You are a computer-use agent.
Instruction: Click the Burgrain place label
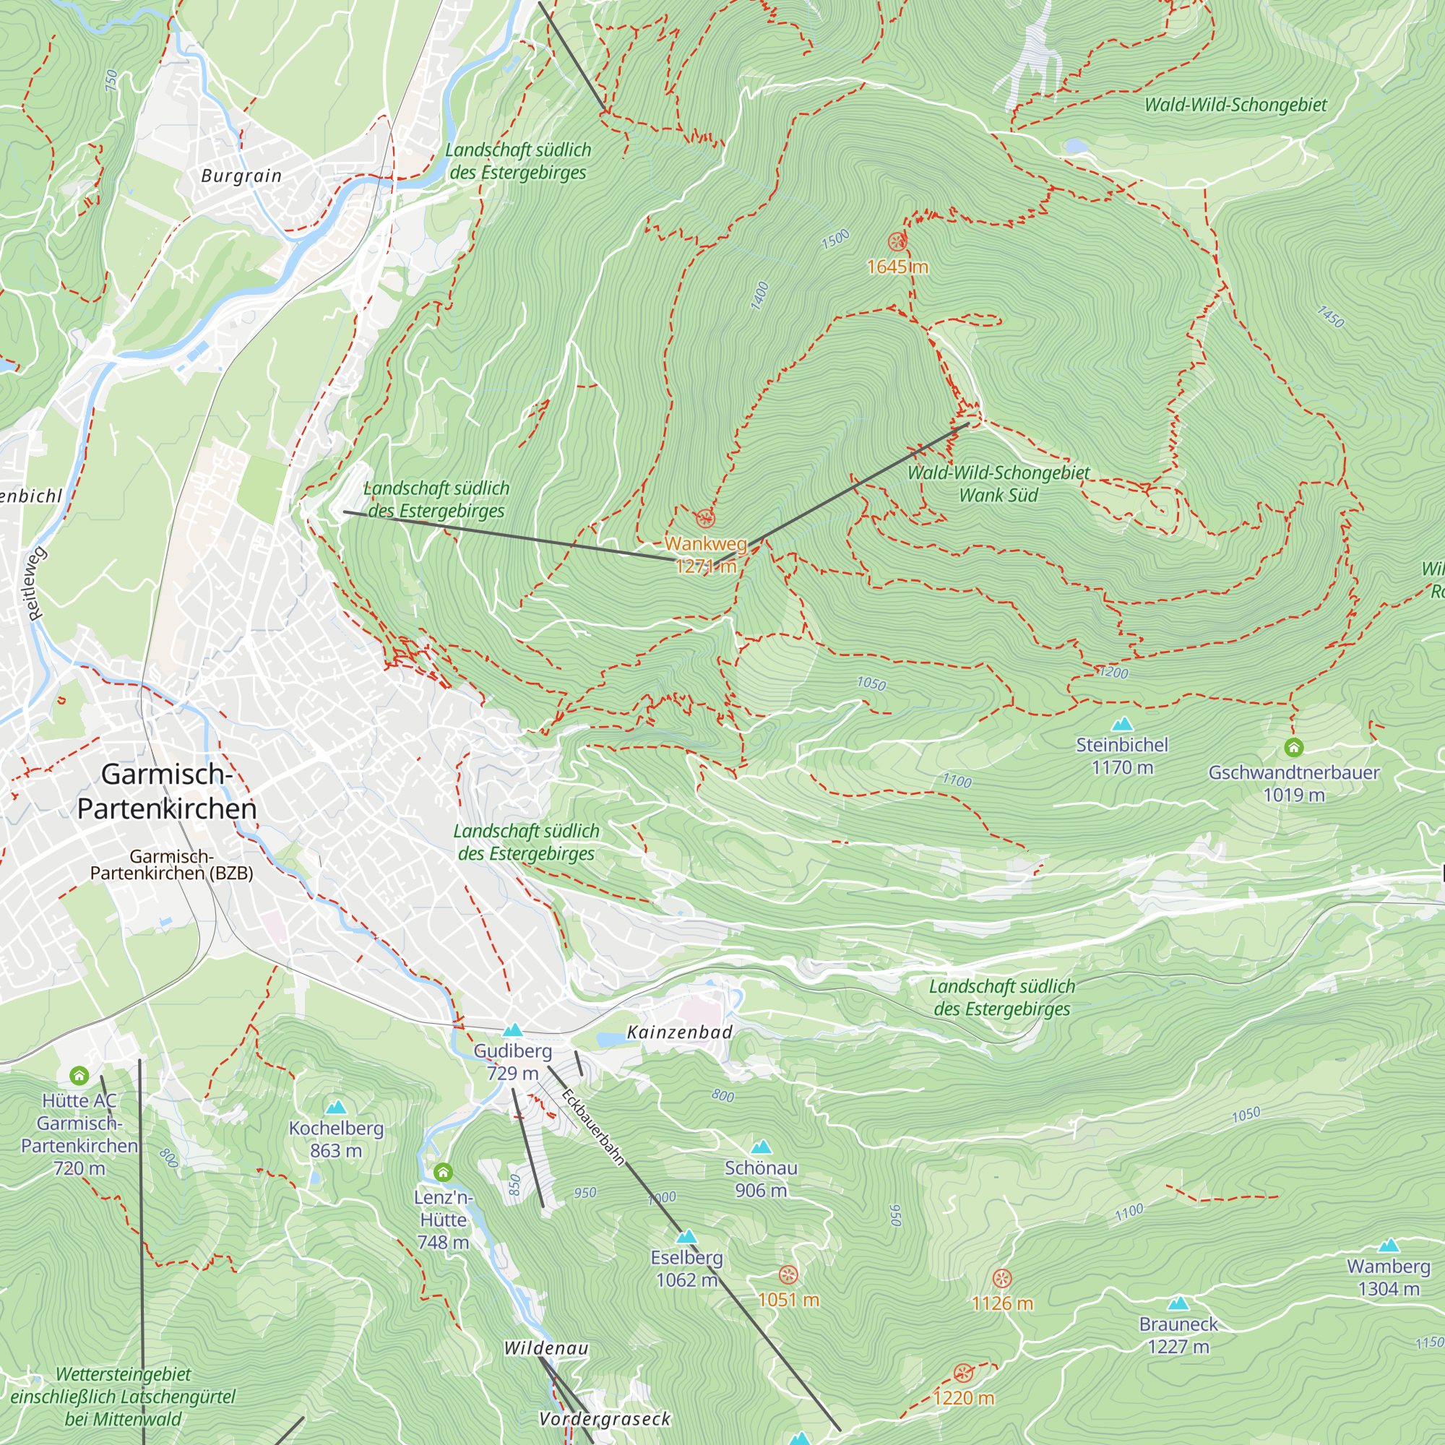pyautogui.click(x=241, y=176)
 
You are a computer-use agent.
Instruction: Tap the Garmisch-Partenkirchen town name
pyautogui.click(x=167, y=791)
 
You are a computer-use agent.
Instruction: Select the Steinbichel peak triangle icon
pyautogui.click(x=1122, y=724)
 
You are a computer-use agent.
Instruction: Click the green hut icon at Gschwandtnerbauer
pyautogui.click(x=1294, y=747)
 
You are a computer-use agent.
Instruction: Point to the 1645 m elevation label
pyautogui.click(x=897, y=267)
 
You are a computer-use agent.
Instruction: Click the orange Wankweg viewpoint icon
pyautogui.click(x=705, y=518)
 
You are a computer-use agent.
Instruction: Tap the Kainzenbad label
pyautogui.click(x=679, y=1032)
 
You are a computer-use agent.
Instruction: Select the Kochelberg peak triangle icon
pyautogui.click(x=336, y=1107)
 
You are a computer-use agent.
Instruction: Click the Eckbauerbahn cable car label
pyautogui.click(x=593, y=1128)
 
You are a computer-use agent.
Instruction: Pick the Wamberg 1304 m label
pyautogui.click(x=1388, y=1277)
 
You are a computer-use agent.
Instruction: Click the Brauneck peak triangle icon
pyautogui.click(x=1178, y=1303)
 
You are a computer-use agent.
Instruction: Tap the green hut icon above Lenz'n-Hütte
pyautogui.click(x=443, y=1172)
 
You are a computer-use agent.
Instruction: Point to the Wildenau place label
pyautogui.click(x=546, y=1348)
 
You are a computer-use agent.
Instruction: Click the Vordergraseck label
pyautogui.click(x=605, y=1419)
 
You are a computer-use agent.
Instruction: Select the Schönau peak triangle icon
pyautogui.click(x=761, y=1147)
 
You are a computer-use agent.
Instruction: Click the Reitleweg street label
pyautogui.click(x=36, y=584)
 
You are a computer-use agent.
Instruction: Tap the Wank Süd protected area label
pyautogui.click(x=998, y=495)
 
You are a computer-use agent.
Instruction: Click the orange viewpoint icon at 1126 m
pyautogui.click(x=1001, y=1278)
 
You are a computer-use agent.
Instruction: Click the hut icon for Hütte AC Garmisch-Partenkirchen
pyautogui.click(x=79, y=1077)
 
